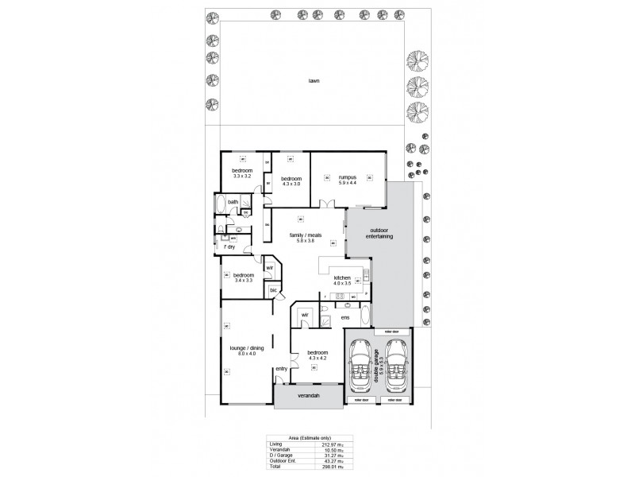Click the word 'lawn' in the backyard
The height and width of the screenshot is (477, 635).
[315, 80]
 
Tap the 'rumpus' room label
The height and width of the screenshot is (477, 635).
[347, 177]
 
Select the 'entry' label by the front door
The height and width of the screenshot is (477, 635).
[281, 369]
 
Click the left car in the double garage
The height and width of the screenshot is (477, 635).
[361, 367]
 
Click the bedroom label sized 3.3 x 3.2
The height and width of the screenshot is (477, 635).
[242, 172]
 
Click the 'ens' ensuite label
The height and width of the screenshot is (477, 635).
[345, 318]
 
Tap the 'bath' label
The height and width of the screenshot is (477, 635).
[233, 202]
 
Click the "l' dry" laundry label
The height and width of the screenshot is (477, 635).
[229, 246]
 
